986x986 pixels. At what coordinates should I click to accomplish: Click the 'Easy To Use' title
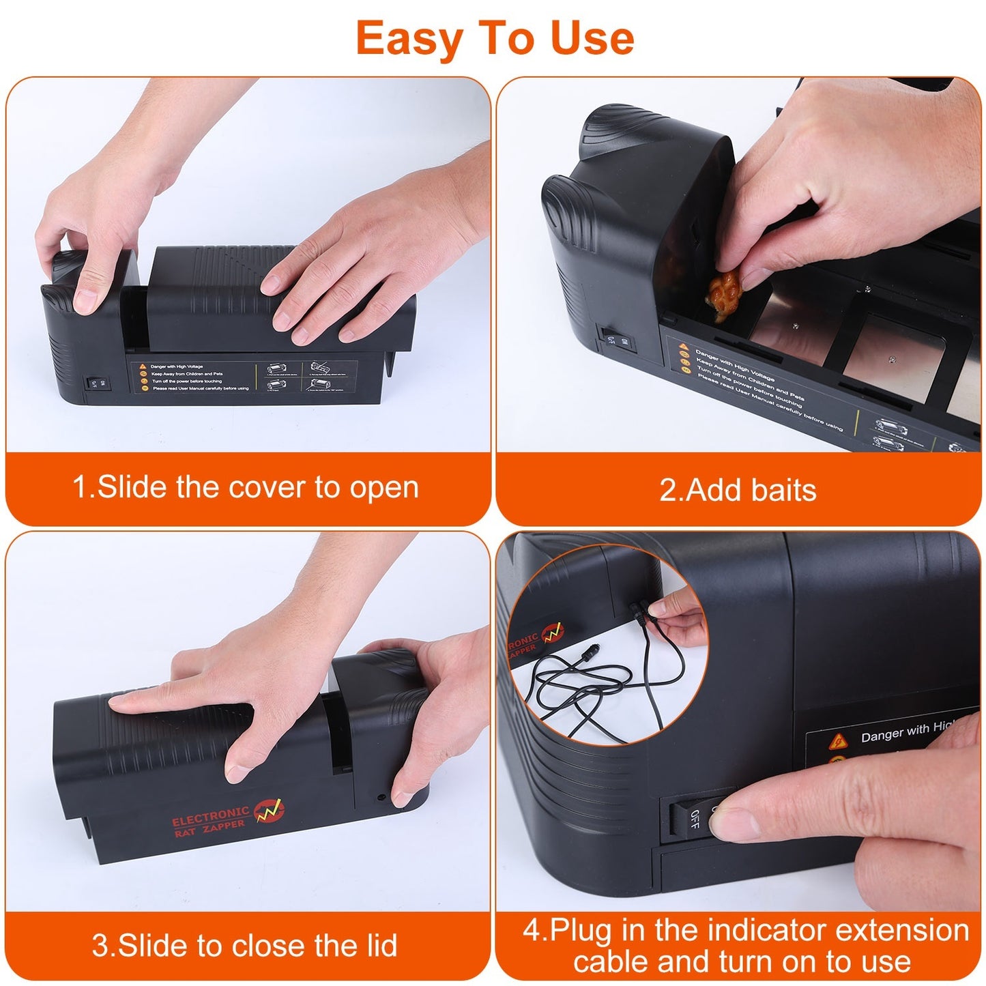(x=495, y=38)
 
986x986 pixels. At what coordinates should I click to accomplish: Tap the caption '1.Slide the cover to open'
(x=246, y=488)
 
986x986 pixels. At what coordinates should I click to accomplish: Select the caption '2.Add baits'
(x=738, y=490)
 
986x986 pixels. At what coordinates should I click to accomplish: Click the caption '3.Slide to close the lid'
(x=244, y=946)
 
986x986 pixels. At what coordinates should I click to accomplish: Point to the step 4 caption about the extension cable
(x=744, y=946)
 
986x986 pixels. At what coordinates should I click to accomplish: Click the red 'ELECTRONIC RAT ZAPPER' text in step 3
(x=210, y=819)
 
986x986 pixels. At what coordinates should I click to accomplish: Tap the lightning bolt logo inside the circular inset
(x=553, y=633)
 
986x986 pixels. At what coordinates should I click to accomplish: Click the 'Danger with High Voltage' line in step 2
(x=734, y=364)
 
